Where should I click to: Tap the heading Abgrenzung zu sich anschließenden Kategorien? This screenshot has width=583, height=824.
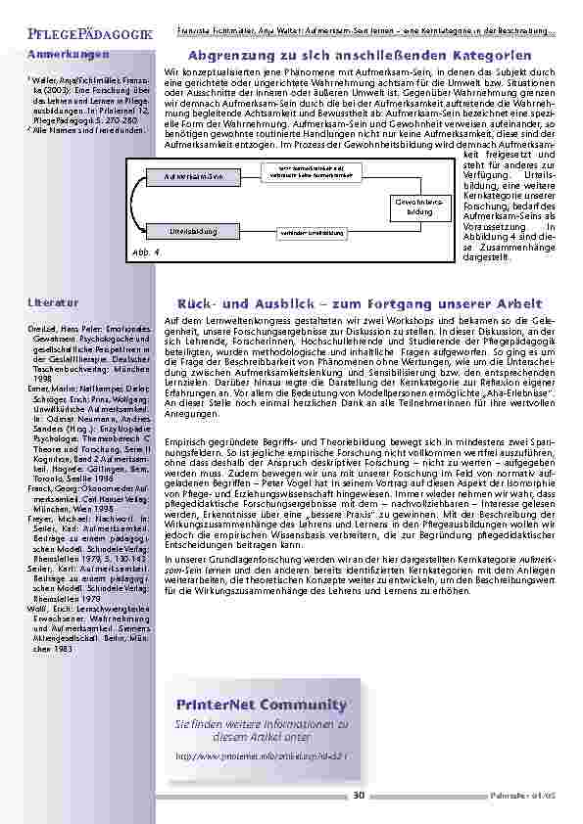point(360,56)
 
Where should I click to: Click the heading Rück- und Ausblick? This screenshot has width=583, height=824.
point(360,302)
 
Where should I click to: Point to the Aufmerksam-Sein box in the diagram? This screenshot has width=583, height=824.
point(201,176)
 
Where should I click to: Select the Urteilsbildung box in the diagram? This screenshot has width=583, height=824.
point(193,231)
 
